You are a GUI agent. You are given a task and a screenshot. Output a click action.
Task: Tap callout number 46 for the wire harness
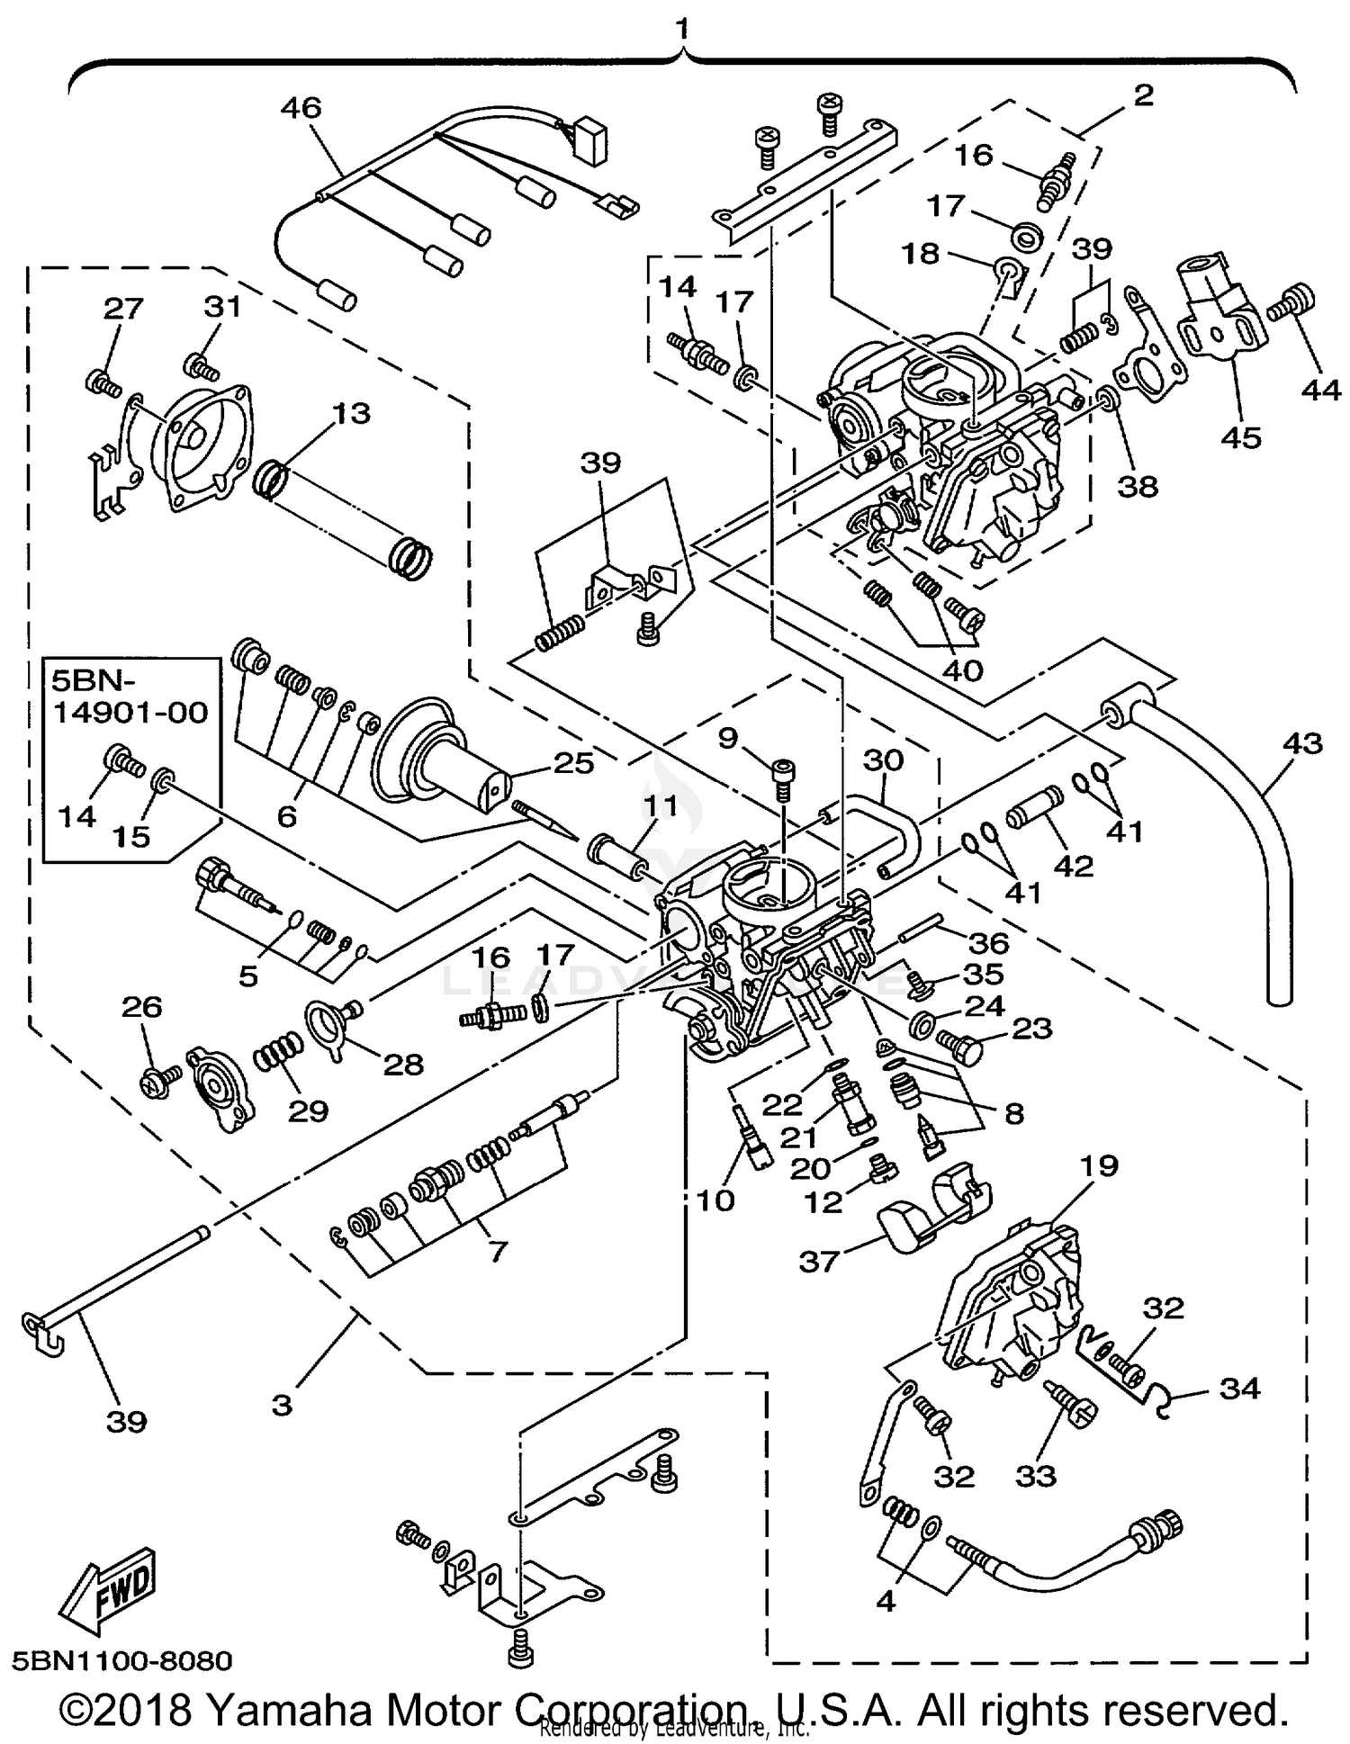coord(301,109)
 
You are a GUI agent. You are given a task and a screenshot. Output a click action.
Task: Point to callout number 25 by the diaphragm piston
coord(574,763)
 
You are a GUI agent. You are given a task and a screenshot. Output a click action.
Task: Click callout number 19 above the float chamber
coord(1098,1165)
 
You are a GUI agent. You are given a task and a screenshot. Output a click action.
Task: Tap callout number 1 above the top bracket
coord(683,28)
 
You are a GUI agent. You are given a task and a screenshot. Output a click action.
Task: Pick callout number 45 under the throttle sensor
coord(1241,438)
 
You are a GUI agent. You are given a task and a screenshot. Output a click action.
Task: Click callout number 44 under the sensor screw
coord(1320,390)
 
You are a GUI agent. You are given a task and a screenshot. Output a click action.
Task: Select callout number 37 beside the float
coord(819,1262)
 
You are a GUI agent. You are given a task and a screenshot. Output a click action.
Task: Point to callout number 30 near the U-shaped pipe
coord(883,761)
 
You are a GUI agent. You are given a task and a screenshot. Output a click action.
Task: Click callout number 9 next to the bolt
coord(727,739)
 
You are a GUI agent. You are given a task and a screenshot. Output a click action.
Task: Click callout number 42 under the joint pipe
coord(1074,866)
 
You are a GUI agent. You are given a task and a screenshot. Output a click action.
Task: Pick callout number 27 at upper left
coord(123,308)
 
